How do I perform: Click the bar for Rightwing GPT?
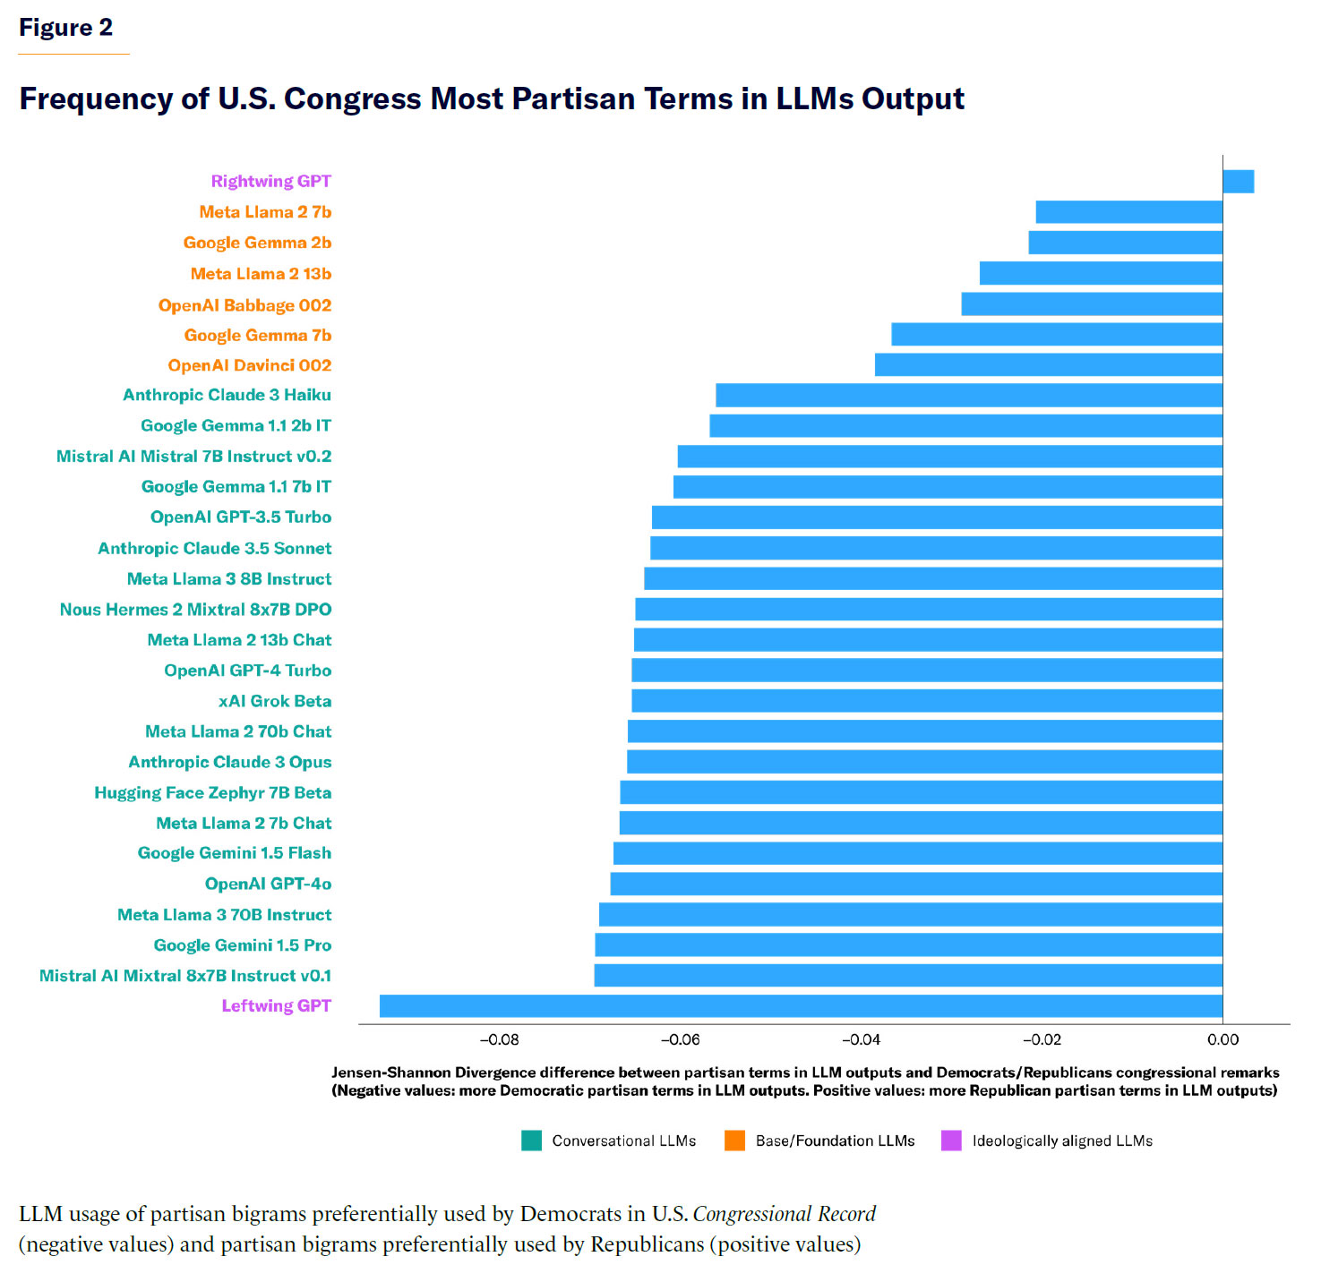1238,182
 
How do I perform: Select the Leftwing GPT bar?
801,1006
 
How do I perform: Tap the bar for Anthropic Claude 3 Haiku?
969,396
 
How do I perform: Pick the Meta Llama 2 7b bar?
1128,212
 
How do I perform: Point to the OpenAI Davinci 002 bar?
1048,365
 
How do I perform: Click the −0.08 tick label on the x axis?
499,1040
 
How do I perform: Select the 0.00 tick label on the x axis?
1222,1040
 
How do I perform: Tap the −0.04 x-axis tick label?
861,1040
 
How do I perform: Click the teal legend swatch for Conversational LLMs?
531,1141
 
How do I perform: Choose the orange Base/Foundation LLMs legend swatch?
734,1141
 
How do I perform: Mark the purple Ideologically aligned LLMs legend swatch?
951,1141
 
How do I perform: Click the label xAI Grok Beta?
275,701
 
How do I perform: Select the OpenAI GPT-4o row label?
268,885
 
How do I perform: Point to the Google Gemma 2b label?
257,243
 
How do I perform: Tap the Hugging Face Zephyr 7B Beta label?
212,793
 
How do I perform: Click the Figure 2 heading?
65,28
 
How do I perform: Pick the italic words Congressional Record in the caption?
784,1214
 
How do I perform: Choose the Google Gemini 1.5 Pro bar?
908,945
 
